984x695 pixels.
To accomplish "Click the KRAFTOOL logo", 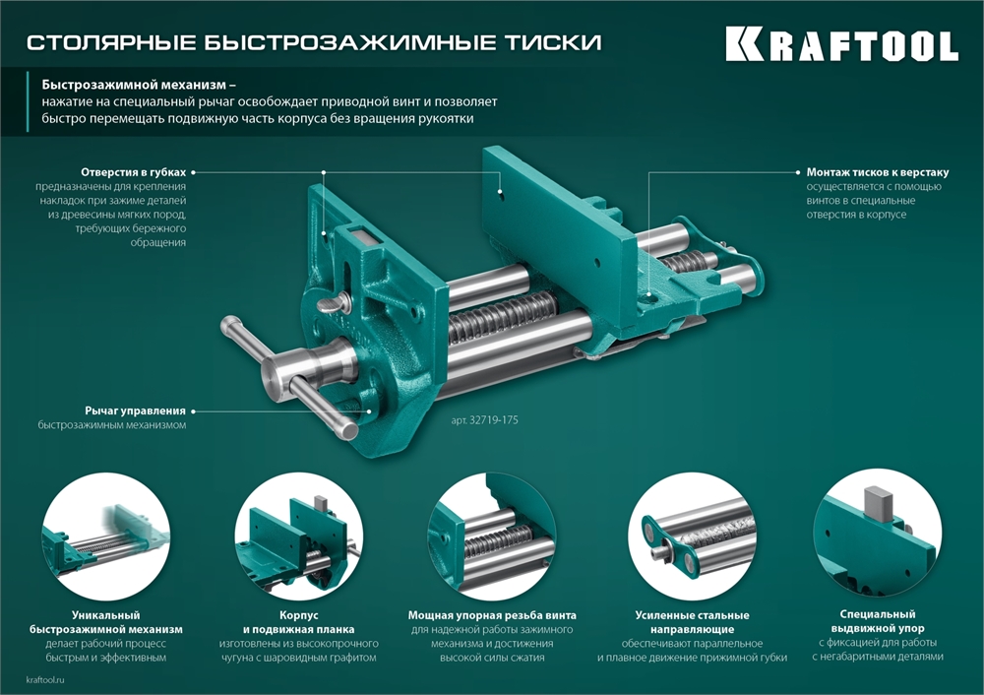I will click(x=841, y=45).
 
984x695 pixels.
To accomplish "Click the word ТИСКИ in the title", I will click(x=556, y=43).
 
